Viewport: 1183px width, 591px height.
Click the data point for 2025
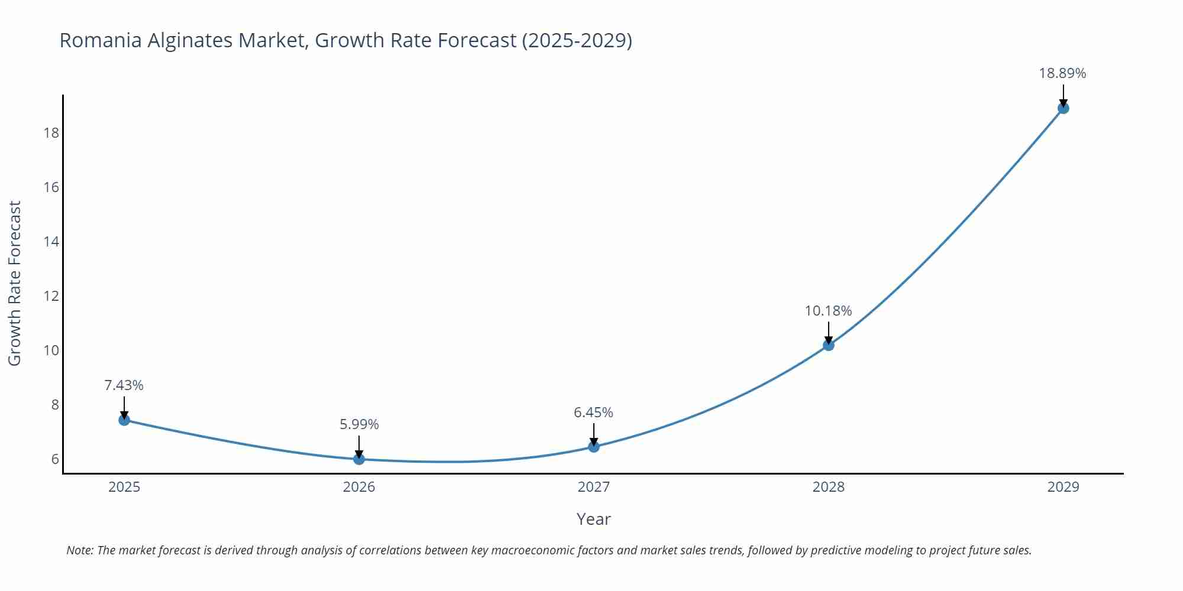click(x=124, y=420)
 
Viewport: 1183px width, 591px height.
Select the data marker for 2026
click(x=359, y=459)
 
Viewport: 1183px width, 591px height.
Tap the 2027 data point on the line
click(x=594, y=447)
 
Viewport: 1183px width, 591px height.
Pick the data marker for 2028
click(x=829, y=345)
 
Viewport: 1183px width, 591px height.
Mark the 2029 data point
click(x=1063, y=108)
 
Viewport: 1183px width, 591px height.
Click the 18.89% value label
click(x=1062, y=73)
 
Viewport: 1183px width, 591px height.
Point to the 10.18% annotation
click(x=828, y=311)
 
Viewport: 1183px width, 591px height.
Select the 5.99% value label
click(x=359, y=424)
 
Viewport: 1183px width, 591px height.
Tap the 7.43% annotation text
click(x=124, y=385)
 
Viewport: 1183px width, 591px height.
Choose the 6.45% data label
click(x=593, y=413)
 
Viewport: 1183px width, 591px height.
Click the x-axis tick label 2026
click(x=359, y=487)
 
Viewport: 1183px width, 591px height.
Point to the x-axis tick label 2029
click(x=1063, y=487)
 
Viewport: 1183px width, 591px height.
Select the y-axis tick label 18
click(x=51, y=132)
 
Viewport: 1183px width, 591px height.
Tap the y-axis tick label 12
click(x=51, y=295)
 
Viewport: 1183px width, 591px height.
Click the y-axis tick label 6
click(x=55, y=459)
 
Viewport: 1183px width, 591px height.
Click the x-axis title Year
click(x=593, y=519)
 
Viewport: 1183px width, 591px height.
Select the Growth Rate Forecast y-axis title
click(x=15, y=283)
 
